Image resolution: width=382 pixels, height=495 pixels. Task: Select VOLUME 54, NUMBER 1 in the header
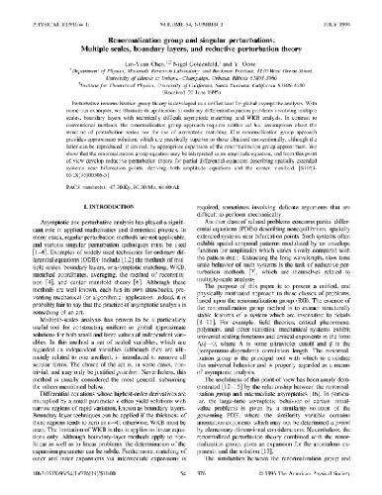[x=189, y=12]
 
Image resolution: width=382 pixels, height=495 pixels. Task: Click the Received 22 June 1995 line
[x=191, y=89]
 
